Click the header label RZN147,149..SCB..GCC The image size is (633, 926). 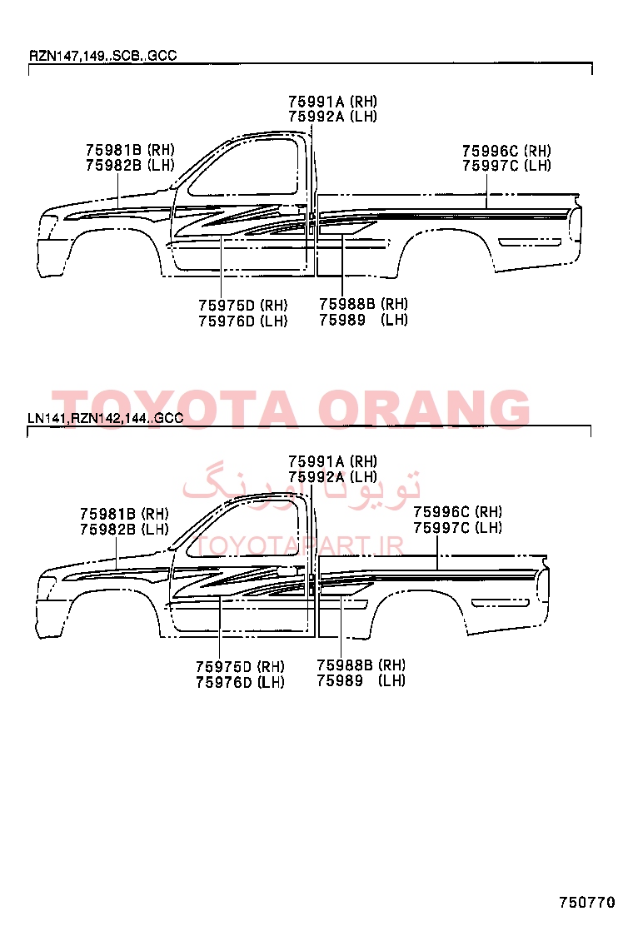[x=102, y=56]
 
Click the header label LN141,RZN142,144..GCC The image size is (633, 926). [x=106, y=418]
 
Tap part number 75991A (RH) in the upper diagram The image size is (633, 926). [x=332, y=102]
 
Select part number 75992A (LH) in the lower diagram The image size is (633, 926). [x=332, y=476]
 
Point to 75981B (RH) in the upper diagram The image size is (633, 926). [x=130, y=150]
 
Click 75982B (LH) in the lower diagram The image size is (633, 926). [x=124, y=529]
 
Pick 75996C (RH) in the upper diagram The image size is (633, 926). [x=506, y=152]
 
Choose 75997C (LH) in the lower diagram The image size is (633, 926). [x=457, y=527]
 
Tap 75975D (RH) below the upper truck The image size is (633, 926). [x=242, y=306]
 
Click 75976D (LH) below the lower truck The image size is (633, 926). [x=240, y=682]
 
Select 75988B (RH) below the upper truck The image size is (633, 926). [x=363, y=304]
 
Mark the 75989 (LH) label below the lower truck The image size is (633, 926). [x=361, y=680]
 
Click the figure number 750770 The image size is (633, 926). [x=587, y=902]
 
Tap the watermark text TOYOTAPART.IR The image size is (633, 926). [x=299, y=546]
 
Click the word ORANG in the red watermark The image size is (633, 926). [x=424, y=409]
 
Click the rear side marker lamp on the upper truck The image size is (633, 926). [x=529, y=242]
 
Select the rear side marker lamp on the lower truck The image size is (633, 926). [x=500, y=603]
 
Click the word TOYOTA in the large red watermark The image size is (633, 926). [x=175, y=409]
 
